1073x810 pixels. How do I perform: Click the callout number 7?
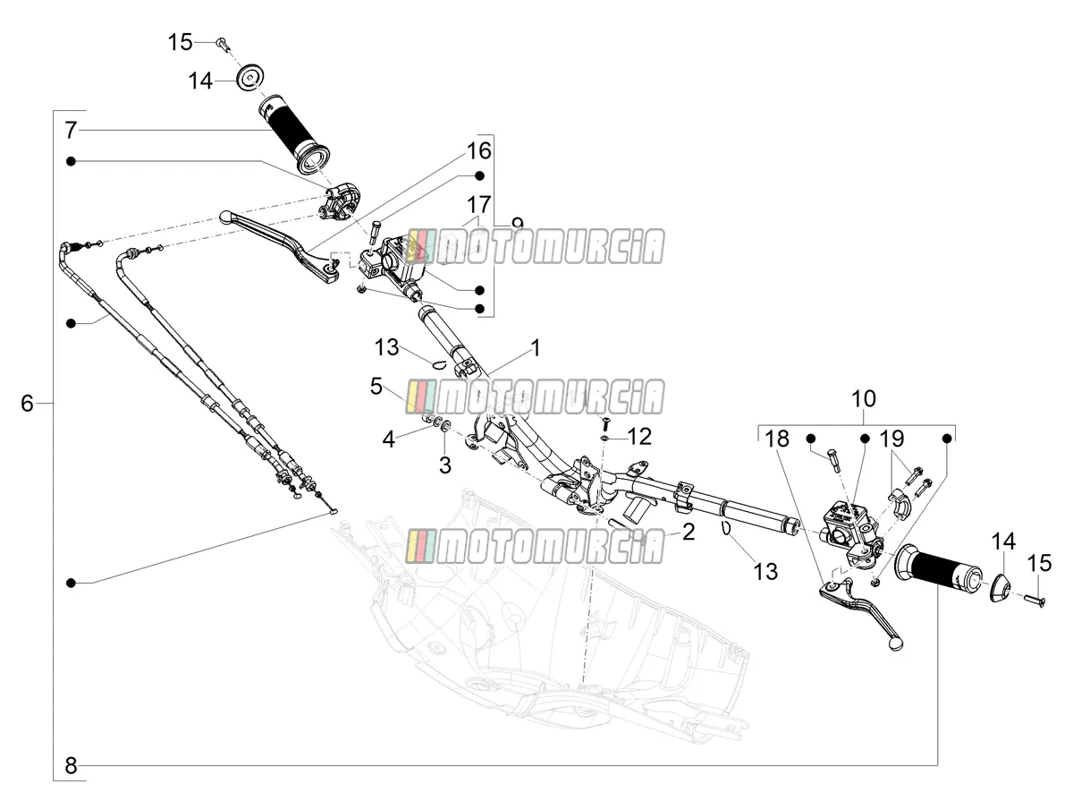coord(72,130)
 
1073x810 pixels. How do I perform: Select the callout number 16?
coord(478,150)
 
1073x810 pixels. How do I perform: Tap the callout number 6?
coord(28,403)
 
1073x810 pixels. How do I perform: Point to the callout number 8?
coord(72,765)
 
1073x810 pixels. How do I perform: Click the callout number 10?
coord(863,398)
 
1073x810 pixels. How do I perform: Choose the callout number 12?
coord(639,436)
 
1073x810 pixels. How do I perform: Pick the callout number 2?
coord(689,533)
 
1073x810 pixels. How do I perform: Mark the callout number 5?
coord(376,387)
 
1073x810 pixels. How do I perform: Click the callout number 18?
coord(777,439)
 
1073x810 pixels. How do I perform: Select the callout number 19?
coord(891,439)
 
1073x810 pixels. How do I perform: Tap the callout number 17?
coord(478,204)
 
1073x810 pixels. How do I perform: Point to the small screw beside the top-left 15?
coord(222,44)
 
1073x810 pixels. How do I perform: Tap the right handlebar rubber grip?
coord(937,567)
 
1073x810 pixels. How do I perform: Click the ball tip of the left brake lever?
coord(225,217)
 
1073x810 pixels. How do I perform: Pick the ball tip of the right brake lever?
coord(897,644)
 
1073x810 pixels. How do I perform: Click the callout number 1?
coord(536,348)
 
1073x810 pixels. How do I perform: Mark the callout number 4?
coord(389,439)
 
